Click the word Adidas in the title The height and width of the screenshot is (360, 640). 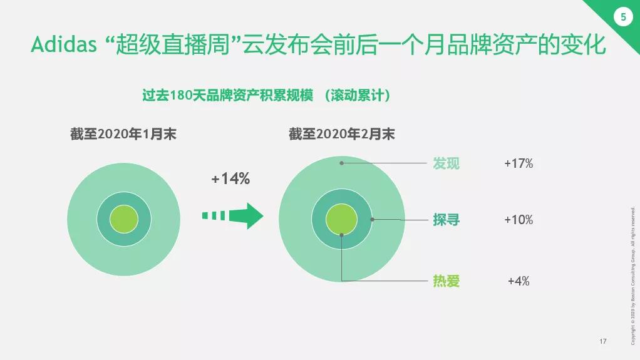(64, 44)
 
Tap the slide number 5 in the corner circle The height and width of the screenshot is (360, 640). (623, 17)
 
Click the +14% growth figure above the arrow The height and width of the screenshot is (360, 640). (230, 178)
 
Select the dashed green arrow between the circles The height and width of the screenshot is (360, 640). (233, 215)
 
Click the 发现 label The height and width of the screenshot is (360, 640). (446, 163)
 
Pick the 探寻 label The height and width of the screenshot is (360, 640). (446, 220)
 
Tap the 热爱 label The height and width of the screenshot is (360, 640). (446, 281)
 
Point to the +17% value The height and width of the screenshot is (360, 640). (519, 163)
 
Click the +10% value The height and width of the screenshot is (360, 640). (519, 220)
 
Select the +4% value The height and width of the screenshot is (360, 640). (519, 281)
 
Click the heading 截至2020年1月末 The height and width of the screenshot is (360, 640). (123, 134)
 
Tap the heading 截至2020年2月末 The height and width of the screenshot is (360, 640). (342, 134)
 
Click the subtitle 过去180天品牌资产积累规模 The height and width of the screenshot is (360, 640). (228, 95)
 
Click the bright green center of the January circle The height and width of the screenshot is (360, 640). (123, 219)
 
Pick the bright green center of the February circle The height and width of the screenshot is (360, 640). (342, 219)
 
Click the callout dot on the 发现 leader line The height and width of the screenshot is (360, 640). (342, 163)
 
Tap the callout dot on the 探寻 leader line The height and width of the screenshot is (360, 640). (372, 220)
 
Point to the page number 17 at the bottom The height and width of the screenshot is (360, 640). (603, 341)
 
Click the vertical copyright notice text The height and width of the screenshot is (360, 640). (632, 276)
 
